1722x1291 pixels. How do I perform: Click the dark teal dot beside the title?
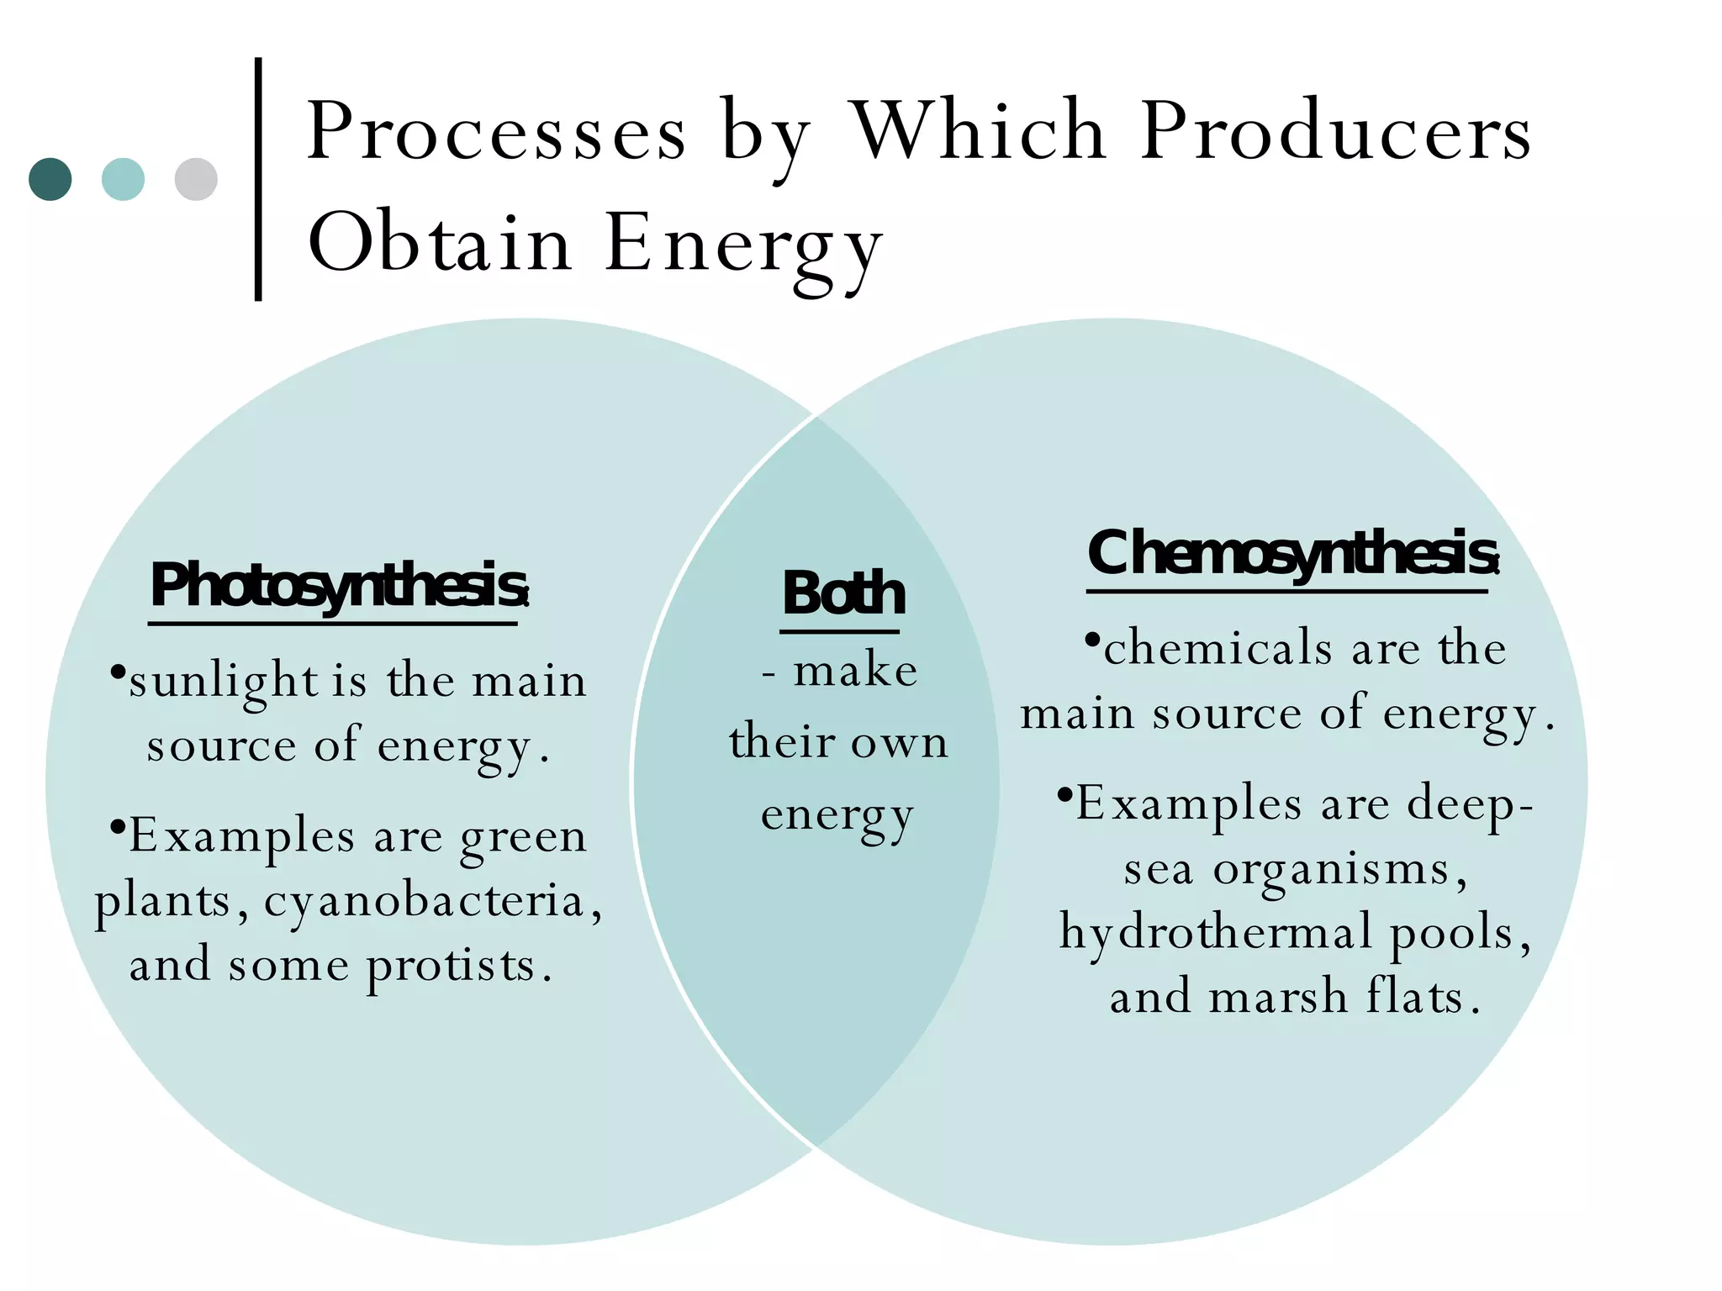(50, 179)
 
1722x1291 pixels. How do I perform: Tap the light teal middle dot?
(123, 179)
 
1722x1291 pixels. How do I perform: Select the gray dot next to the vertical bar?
(196, 179)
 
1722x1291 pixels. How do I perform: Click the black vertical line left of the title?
(258, 178)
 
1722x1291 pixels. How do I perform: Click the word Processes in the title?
(496, 133)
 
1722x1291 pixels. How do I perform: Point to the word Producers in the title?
(1335, 133)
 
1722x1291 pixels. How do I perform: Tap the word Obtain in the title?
(440, 243)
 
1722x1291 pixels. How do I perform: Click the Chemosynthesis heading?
(1291, 555)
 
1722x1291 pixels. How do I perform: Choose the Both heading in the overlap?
(843, 593)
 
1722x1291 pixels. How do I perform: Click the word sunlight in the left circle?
(223, 682)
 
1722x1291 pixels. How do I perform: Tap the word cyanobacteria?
(424, 902)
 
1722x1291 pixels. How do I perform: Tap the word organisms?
(1332, 870)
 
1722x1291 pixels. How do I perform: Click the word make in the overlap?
(855, 672)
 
